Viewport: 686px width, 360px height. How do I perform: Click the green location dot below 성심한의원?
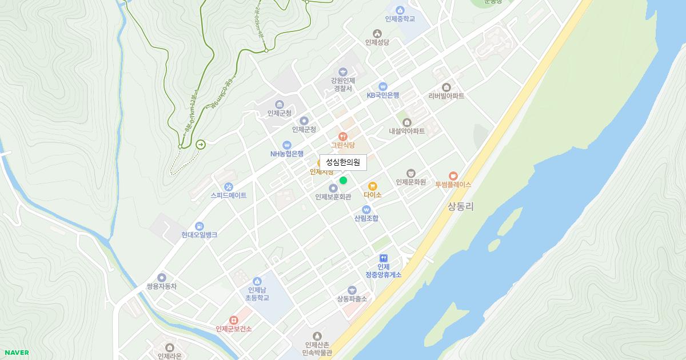pos(343,181)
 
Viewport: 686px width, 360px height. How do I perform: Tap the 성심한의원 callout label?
pos(343,162)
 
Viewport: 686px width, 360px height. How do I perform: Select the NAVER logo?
pos(17,353)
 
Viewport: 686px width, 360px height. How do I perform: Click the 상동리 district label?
pos(461,206)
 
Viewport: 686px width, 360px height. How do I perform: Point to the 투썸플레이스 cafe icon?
pos(453,175)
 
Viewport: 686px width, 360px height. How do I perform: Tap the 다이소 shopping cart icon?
pos(373,186)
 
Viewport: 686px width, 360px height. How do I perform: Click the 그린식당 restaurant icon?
pos(343,136)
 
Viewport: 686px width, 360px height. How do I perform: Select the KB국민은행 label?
pos(383,95)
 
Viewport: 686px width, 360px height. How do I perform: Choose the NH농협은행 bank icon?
pos(287,145)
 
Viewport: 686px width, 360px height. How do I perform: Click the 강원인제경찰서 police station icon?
pos(343,71)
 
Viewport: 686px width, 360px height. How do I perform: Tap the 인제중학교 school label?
pos(400,19)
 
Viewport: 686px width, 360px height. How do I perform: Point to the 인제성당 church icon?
pos(377,33)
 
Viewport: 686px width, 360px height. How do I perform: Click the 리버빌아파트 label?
pos(446,96)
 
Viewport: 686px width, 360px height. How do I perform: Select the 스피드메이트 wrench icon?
pos(229,186)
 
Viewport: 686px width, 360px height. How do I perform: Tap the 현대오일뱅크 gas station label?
pos(200,235)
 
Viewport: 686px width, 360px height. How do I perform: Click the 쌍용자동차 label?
pos(162,286)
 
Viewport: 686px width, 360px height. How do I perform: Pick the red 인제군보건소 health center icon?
pos(233,320)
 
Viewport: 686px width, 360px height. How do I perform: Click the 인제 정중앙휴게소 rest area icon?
pos(384,258)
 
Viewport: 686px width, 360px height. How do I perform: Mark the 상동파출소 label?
pos(352,299)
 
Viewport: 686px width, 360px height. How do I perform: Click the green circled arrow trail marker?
pos(201,145)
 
